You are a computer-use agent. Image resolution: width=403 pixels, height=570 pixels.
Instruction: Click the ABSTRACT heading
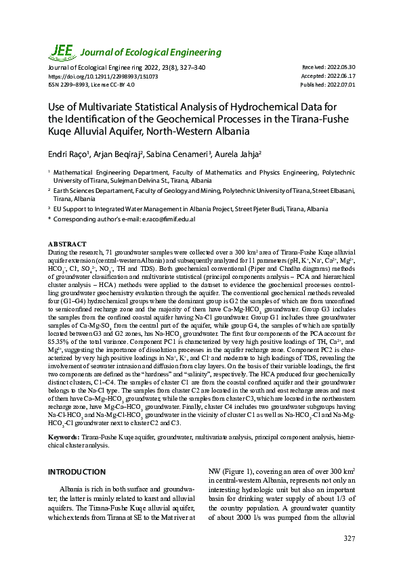(67, 243)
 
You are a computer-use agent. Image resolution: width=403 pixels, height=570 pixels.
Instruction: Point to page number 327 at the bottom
(349, 538)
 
